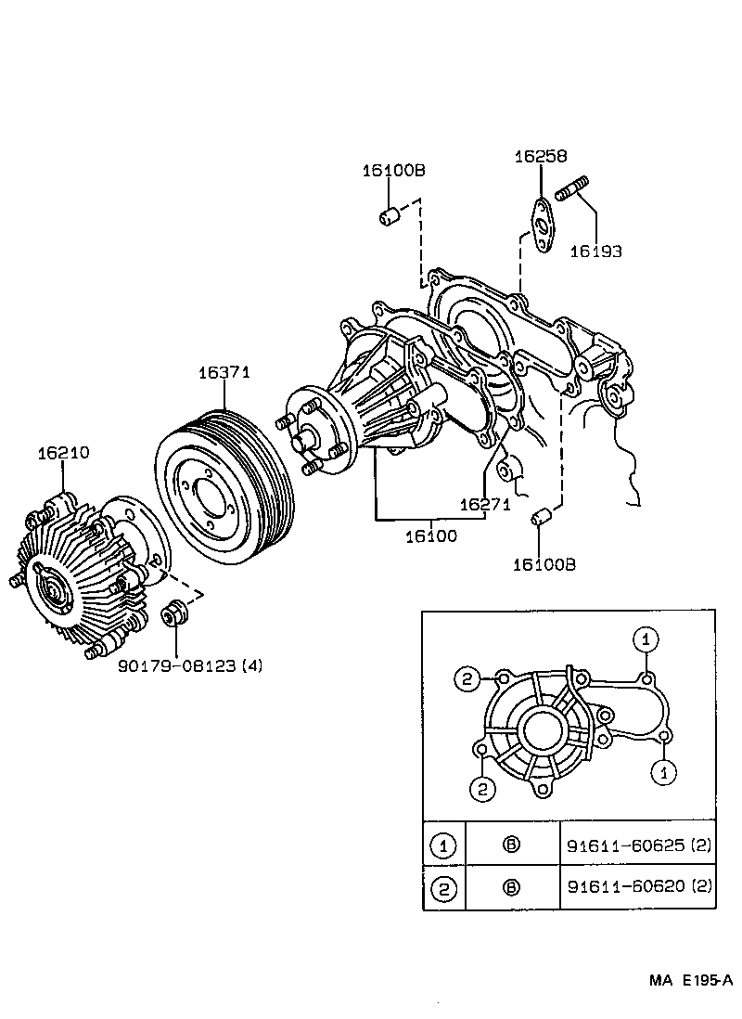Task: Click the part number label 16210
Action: click(63, 453)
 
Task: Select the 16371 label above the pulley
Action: click(224, 372)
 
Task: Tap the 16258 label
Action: click(541, 157)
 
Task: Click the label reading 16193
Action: click(595, 251)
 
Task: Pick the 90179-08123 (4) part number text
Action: click(190, 665)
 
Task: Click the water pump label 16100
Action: click(430, 535)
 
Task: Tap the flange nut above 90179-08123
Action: click(173, 614)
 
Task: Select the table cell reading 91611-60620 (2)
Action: click(639, 887)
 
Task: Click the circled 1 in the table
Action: click(444, 845)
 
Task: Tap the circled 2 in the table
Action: click(444, 888)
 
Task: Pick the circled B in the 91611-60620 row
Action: click(511, 887)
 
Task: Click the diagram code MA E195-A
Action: click(690, 981)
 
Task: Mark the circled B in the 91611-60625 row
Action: click(511, 845)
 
